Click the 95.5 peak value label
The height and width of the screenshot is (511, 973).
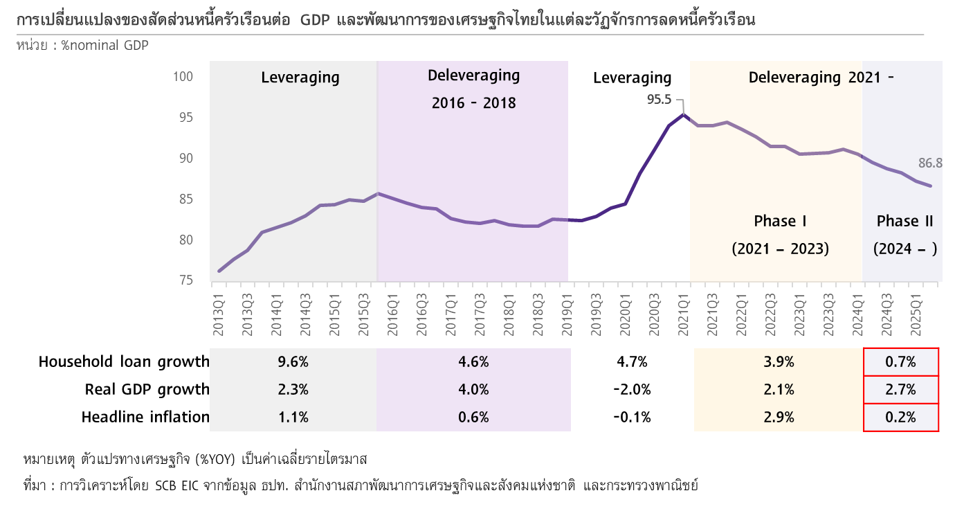pos(659,100)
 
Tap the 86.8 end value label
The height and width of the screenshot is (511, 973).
pos(930,164)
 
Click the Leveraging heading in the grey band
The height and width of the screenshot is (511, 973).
pos(300,78)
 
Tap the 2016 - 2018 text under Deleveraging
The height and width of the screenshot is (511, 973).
pos(474,103)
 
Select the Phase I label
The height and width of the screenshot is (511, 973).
pos(780,222)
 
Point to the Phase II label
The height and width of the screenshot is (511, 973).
pos(905,222)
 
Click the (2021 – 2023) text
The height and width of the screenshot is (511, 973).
pos(780,249)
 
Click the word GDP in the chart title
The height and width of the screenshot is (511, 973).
pos(315,21)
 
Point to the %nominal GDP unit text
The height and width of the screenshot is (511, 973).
pos(104,46)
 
